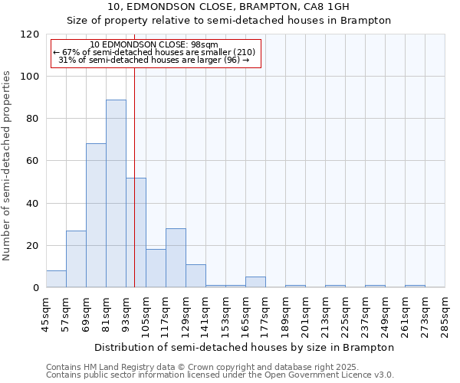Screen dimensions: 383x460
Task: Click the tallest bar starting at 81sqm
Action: point(116,194)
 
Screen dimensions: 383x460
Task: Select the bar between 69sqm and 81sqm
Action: point(96,215)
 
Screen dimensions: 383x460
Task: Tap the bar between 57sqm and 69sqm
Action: point(76,259)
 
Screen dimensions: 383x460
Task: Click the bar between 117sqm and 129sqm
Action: point(176,258)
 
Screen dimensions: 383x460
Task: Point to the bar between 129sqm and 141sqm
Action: point(195,276)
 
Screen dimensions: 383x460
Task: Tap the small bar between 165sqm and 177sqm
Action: point(255,282)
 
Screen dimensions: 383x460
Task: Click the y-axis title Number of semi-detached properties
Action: point(7,162)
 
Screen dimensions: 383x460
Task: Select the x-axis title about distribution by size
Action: point(245,347)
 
